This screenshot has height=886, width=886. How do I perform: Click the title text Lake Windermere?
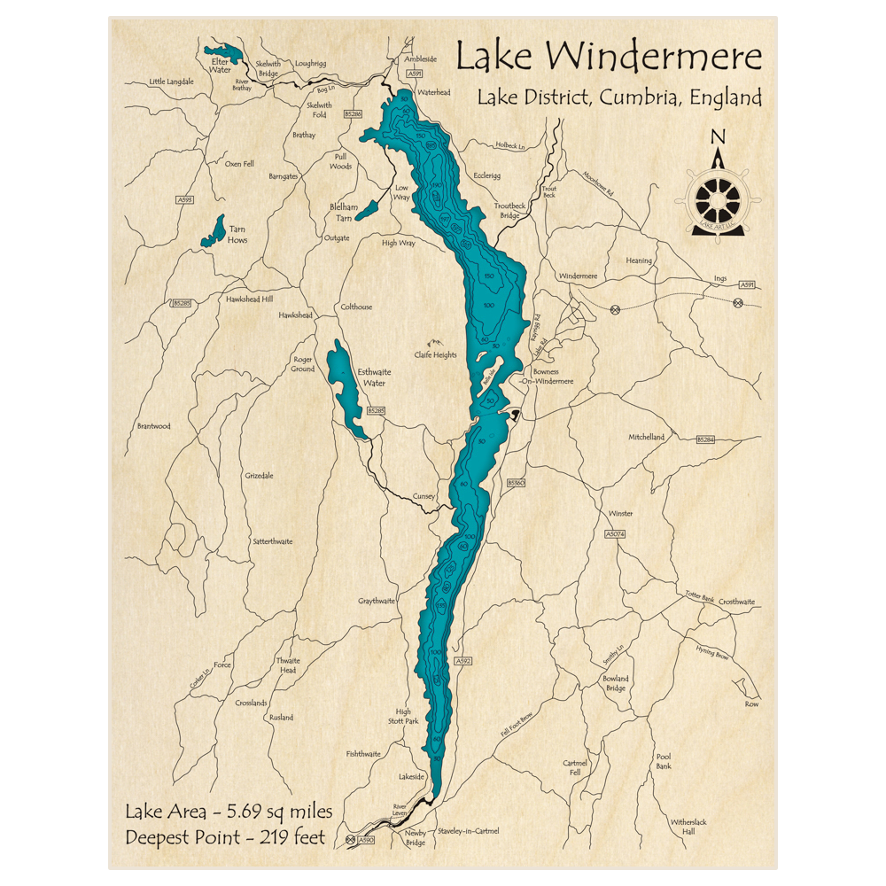point(608,58)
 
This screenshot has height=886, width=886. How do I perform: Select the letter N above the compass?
point(718,136)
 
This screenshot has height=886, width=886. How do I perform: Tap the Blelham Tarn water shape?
point(367,210)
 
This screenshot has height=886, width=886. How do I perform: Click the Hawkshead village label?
point(295,315)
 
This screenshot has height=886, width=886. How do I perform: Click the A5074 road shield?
point(615,534)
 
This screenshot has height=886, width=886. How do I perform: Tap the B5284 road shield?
point(705,439)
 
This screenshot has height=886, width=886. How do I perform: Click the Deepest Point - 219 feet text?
point(225,837)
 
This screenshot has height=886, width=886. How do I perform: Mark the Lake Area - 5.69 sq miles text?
point(229,812)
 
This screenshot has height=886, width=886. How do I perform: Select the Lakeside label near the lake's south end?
point(412,776)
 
